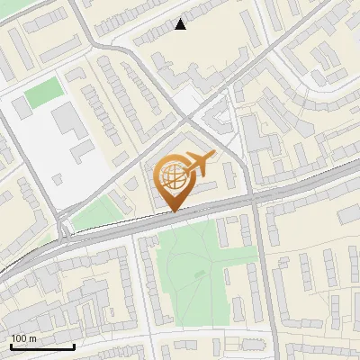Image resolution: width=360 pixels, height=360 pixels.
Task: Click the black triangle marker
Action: tap(181, 24)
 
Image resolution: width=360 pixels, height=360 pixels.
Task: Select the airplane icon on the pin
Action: tap(199, 164)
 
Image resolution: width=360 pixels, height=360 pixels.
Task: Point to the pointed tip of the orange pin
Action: tap(174, 211)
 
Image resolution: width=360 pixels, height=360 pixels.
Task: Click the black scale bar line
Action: tap(42, 346)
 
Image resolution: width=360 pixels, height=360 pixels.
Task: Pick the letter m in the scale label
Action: tap(33, 338)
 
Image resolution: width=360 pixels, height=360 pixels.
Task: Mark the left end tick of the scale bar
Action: tap(11, 345)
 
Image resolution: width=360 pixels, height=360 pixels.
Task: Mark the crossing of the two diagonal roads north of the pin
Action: tap(184, 118)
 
